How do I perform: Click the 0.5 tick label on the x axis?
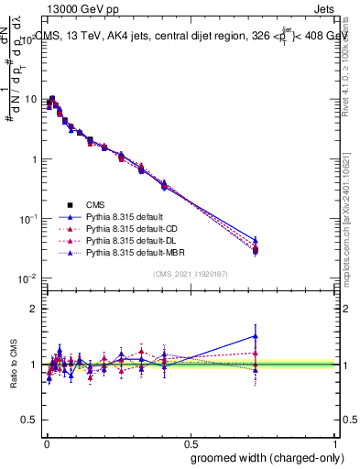(190, 442)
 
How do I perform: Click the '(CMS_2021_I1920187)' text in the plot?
(190, 273)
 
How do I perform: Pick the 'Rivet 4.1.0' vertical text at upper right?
(353, 60)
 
